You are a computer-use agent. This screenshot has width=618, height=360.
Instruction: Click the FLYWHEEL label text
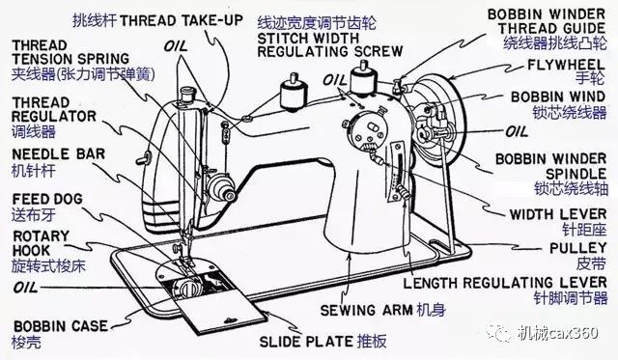click(x=566, y=65)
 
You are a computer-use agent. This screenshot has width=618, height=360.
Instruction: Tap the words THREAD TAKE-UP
click(x=181, y=20)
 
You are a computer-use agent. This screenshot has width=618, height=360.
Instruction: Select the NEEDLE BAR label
click(x=59, y=154)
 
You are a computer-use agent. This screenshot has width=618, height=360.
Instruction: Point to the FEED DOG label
click(x=47, y=199)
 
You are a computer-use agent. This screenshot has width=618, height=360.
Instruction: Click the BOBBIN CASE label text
click(x=60, y=326)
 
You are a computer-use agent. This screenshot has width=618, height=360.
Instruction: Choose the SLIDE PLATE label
click(x=306, y=342)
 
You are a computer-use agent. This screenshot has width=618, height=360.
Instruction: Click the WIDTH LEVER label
click(x=558, y=214)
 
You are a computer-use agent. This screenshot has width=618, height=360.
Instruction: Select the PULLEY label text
click(x=578, y=249)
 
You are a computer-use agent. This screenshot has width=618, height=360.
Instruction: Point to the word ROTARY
click(x=41, y=236)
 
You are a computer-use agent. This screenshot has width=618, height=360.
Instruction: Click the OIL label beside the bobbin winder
click(x=518, y=131)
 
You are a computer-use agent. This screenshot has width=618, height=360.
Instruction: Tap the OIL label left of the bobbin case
click(x=26, y=288)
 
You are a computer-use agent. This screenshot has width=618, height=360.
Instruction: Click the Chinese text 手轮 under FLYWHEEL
click(x=590, y=78)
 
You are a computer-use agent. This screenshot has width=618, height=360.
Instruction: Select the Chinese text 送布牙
click(x=34, y=215)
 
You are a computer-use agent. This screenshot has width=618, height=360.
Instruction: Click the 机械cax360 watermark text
click(x=558, y=333)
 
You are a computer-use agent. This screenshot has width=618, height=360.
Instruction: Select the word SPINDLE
click(x=576, y=174)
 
